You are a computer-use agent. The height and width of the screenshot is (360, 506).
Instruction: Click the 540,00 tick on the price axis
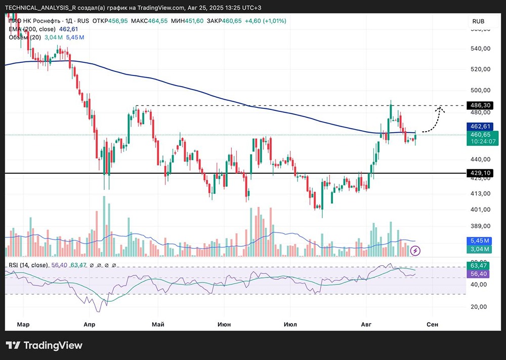480,49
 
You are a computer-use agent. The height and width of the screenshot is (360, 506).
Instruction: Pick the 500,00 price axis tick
480,90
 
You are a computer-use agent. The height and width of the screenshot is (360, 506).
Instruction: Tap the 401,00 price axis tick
480,210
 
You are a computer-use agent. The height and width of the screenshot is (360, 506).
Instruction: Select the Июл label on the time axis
290,324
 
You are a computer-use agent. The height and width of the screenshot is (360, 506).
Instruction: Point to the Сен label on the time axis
432,324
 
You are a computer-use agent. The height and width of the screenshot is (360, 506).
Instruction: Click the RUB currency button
478,21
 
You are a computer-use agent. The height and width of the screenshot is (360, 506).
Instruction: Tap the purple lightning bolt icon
415,250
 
